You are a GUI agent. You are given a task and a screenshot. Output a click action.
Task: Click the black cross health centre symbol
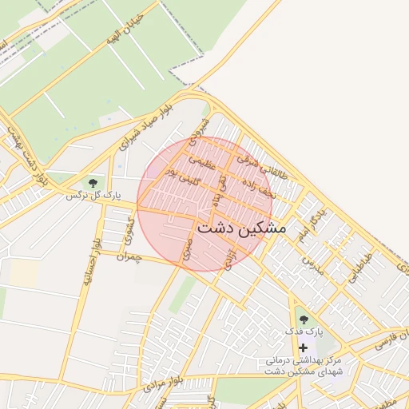click(x=303, y=347)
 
